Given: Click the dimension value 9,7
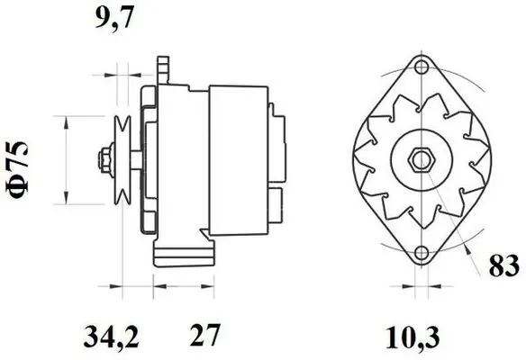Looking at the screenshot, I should [x=114, y=21].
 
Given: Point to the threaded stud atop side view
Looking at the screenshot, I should [x=163, y=67].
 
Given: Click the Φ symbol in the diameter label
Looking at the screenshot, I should [x=24, y=187].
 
